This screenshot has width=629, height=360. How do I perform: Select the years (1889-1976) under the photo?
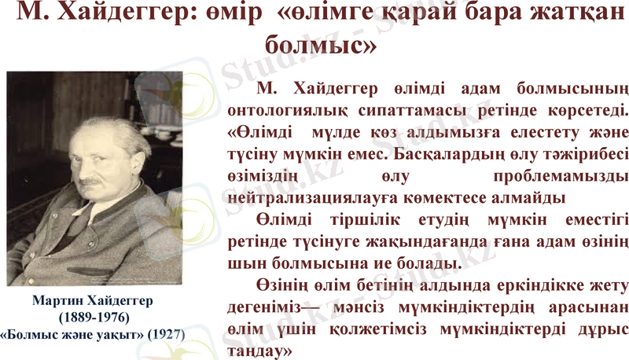point(94,317)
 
